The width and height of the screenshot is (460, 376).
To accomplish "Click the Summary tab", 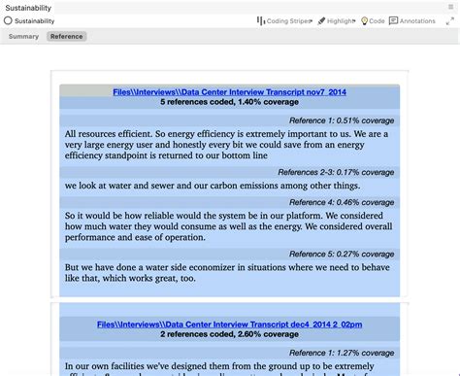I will pyautogui.click(x=22, y=36).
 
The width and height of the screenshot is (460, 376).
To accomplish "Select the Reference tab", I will pyautogui.click(x=67, y=36).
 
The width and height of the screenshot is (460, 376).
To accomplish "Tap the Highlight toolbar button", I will pyautogui.click(x=337, y=20).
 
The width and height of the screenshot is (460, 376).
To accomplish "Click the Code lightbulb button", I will pyautogui.click(x=373, y=20).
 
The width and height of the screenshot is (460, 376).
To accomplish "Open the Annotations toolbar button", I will pyautogui.click(x=412, y=20).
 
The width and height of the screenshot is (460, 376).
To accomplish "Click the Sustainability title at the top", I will pyautogui.click(x=28, y=7).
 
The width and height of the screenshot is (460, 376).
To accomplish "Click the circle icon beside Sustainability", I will pyautogui.click(x=8, y=20).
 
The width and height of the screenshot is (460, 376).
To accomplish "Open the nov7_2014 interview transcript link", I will pyautogui.click(x=229, y=91).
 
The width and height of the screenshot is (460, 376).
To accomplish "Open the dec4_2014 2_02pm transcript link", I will pyautogui.click(x=229, y=324).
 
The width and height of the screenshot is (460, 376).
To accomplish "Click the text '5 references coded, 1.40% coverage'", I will pyautogui.click(x=229, y=102).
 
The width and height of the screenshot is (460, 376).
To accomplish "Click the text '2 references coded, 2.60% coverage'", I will pyautogui.click(x=229, y=334).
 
